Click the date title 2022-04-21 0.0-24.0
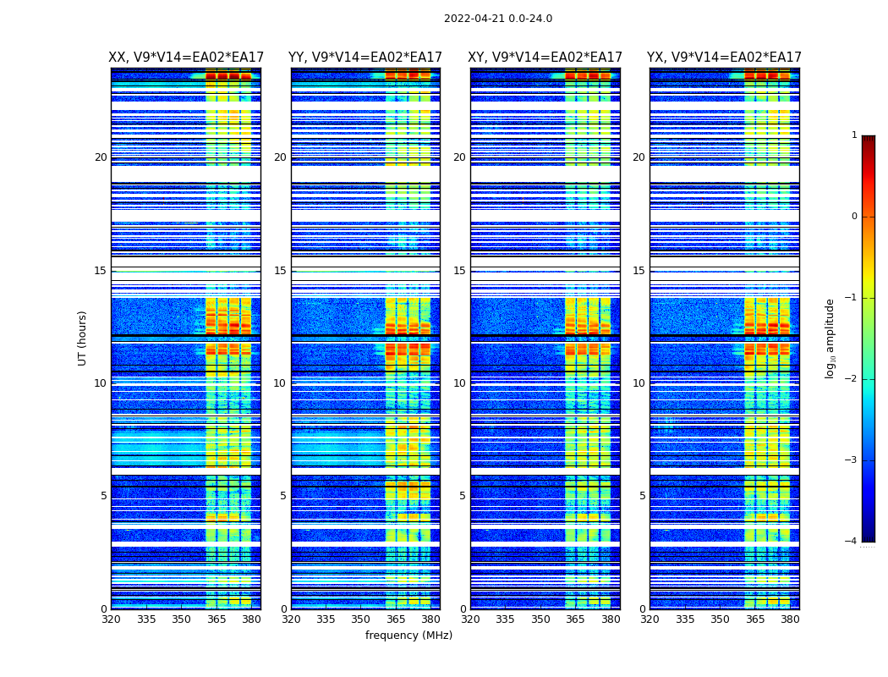[x=498, y=19]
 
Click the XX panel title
[x=186, y=58]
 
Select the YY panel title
[x=365, y=58]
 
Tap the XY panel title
[x=545, y=58]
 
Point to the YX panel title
[x=724, y=58]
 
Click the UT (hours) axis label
[x=83, y=338]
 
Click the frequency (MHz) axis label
[x=408, y=636]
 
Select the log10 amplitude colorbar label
[x=830, y=338]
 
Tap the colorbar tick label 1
[x=853, y=135]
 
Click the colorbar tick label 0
[x=853, y=217]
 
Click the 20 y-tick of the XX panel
[x=101, y=157]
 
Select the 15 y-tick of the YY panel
[x=280, y=271]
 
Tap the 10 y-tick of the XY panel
[x=459, y=383]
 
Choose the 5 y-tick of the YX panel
[x=642, y=496]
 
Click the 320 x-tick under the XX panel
[x=111, y=619]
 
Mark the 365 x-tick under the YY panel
[x=396, y=619]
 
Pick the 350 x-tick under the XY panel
[x=540, y=619]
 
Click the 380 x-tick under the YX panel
[x=790, y=619]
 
